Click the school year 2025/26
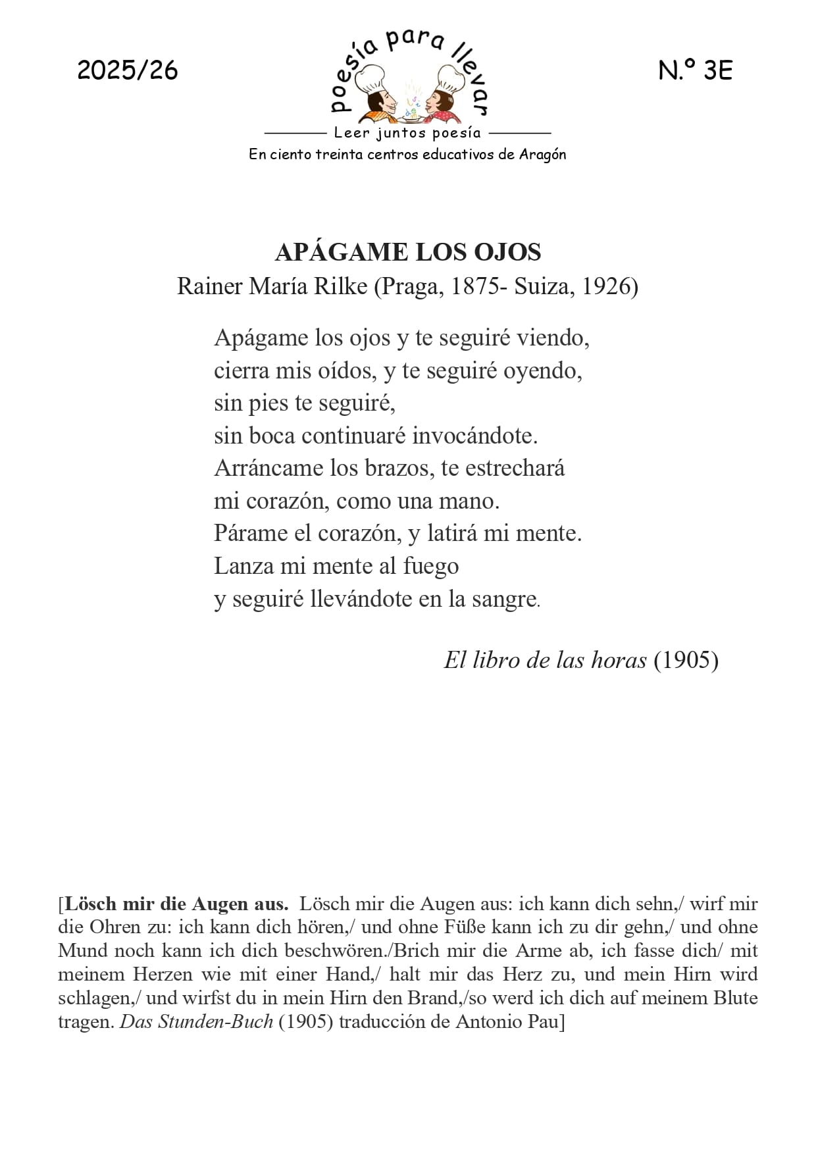pos(128,70)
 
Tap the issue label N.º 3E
pos(695,70)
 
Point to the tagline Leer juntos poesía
pos(407,133)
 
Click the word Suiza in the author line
pos(542,287)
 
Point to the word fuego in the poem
pos(430,567)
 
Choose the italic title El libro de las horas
pos(545,660)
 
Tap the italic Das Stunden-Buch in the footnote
pos(196,1022)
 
